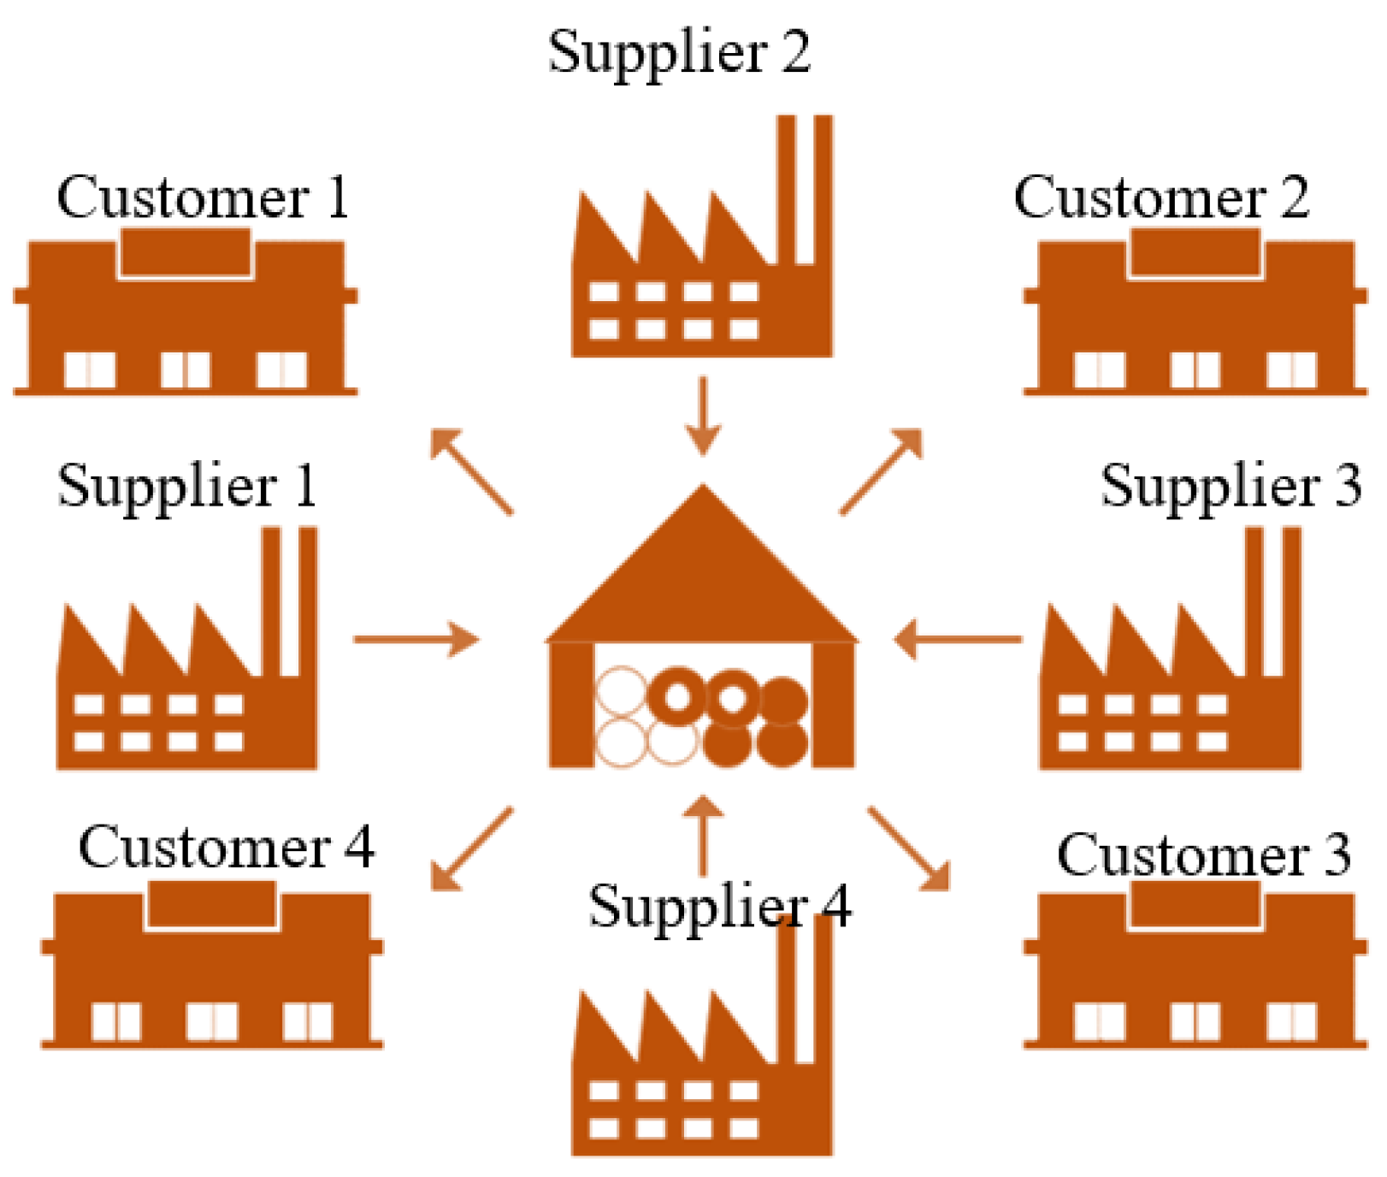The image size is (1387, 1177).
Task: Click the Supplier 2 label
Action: pyautogui.click(x=679, y=53)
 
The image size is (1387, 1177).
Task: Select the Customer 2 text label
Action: pyautogui.click(x=1161, y=198)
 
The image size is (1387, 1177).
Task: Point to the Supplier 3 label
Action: pyautogui.click(x=1230, y=486)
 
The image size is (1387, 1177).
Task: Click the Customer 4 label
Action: pyautogui.click(x=227, y=849)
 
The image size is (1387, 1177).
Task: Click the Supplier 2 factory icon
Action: pyautogui.click(x=701, y=265)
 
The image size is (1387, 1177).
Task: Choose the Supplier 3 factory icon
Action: pyautogui.click(x=1170, y=676)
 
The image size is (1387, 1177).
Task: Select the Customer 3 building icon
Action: pyautogui.click(x=1194, y=971)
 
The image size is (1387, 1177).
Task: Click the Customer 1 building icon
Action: pyautogui.click(x=185, y=321)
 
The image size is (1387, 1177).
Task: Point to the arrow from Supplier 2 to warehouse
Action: pyautogui.click(x=703, y=416)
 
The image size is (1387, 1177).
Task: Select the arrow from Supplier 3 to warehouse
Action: pyautogui.click(x=958, y=639)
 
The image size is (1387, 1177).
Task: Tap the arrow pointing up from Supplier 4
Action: pyautogui.click(x=705, y=835)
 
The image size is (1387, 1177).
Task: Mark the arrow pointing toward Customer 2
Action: pyautogui.click(x=882, y=471)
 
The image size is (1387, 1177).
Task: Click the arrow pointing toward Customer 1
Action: pyautogui.click(x=471, y=471)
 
